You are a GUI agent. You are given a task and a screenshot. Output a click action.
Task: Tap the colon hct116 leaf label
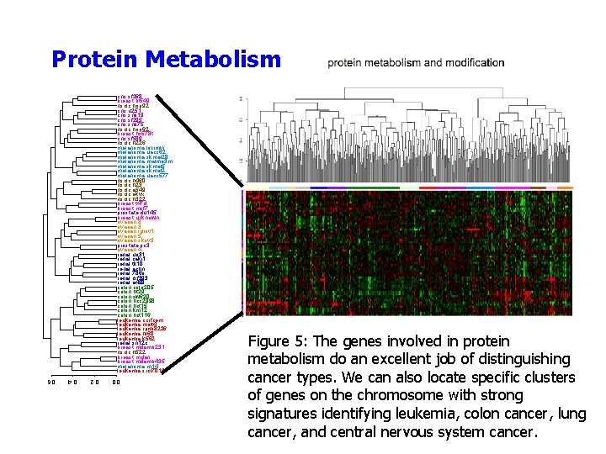[135, 314]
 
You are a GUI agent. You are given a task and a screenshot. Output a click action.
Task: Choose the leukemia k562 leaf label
[136, 338]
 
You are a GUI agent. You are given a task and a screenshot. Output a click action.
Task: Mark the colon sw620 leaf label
[135, 296]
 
